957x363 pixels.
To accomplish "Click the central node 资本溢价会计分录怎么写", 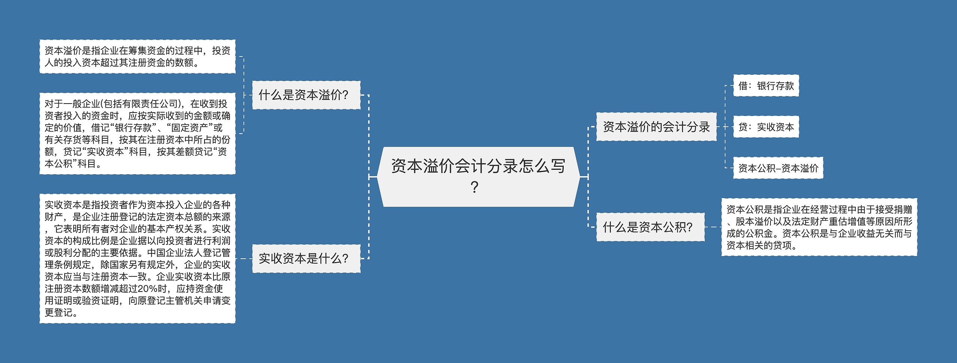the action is [478, 176].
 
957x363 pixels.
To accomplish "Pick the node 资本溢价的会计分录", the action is [656, 127].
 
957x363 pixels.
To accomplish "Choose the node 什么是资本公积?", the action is [650, 227].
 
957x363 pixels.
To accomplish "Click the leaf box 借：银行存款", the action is [766, 86].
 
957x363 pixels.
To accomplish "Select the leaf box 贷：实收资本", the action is [766, 127].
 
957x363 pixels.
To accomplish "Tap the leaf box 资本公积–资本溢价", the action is [778, 168].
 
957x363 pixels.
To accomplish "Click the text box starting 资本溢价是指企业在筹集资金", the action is [137, 56].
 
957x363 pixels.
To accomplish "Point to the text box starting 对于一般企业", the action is [137, 133].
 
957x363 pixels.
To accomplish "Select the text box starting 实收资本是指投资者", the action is [137, 258].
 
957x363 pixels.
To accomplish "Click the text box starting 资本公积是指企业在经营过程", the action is [819, 227].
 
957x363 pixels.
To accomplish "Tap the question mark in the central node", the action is [474, 187].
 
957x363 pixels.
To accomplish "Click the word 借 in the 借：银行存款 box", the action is [743, 86].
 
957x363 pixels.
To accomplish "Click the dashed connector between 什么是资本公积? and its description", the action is [713, 227].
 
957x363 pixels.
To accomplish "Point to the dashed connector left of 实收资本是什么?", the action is [244, 258].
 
